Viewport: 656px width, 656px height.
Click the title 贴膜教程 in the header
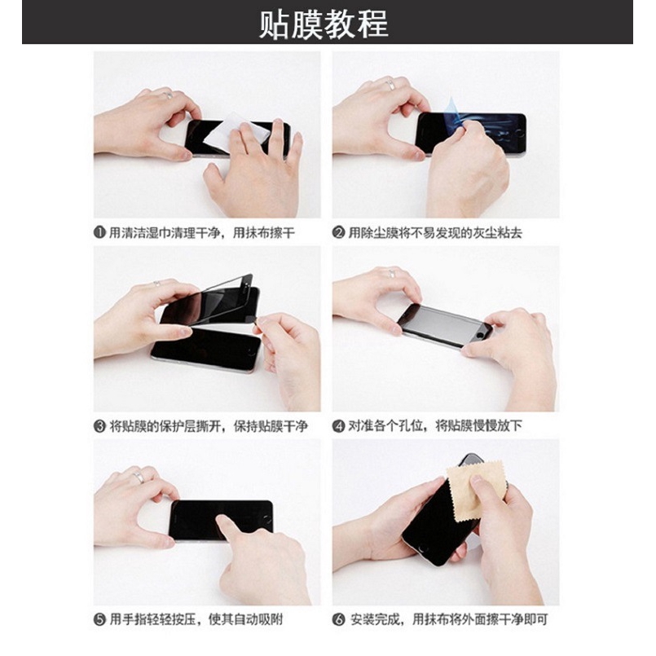(324, 24)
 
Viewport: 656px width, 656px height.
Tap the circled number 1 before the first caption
(99, 233)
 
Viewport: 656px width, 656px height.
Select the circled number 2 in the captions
(339, 233)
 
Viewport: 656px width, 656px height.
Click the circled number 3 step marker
(99, 426)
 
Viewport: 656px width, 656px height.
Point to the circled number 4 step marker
(339, 426)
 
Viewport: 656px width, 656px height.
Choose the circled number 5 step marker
(99, 620)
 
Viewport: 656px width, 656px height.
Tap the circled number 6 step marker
(339, 620)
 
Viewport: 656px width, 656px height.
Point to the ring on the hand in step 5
(139, 478)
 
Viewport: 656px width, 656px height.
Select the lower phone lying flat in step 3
(208, 347)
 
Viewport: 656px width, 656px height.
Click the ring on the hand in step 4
(391, 275)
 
